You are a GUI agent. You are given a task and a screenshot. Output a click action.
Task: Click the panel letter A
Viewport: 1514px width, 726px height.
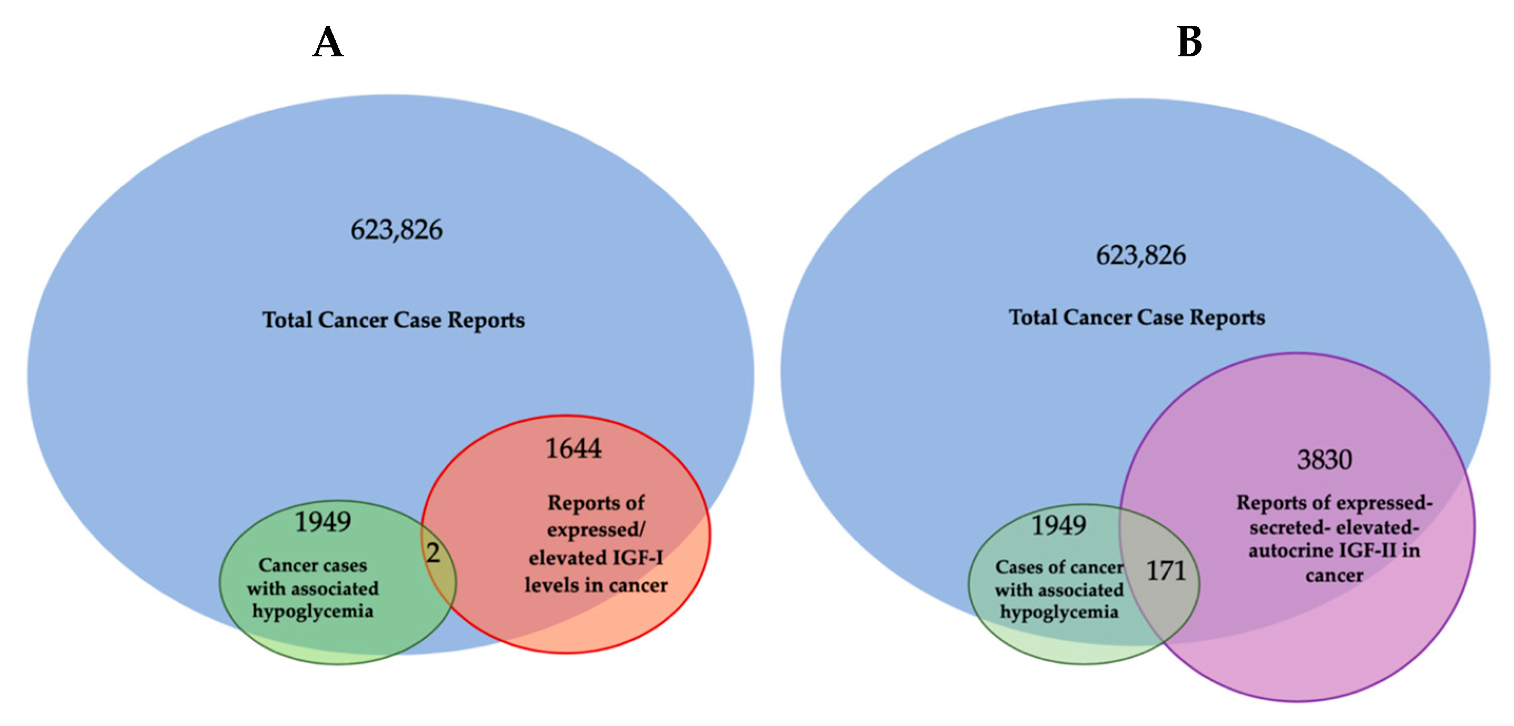click(x=327, y=42)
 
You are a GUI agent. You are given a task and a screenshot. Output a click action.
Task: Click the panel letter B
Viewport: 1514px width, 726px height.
click(x=1189, y=42)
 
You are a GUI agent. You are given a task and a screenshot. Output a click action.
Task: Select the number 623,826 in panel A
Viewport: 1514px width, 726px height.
click(x=396, y=230)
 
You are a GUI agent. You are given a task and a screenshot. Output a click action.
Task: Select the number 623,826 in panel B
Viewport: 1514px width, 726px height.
click(x=1140, y=255)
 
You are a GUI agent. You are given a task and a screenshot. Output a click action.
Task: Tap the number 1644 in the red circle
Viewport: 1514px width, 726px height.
click(x=573, y=449)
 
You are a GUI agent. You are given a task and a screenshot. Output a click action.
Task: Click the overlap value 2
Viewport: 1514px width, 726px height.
click(x=433, y=553)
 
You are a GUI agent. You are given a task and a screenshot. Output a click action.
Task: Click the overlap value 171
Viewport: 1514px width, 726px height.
click(x=1166, y=570)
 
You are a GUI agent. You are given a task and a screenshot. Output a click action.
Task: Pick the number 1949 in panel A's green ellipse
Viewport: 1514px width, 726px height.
click(x=323, y=522)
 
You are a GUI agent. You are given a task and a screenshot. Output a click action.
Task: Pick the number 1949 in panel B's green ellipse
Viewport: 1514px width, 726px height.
click(x=1059, y=525)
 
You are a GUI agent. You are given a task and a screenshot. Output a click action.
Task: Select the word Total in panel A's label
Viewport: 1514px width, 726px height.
click(x=287, y=320)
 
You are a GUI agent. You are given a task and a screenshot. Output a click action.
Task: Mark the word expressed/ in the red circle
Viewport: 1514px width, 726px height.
click(x=596, y=530)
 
